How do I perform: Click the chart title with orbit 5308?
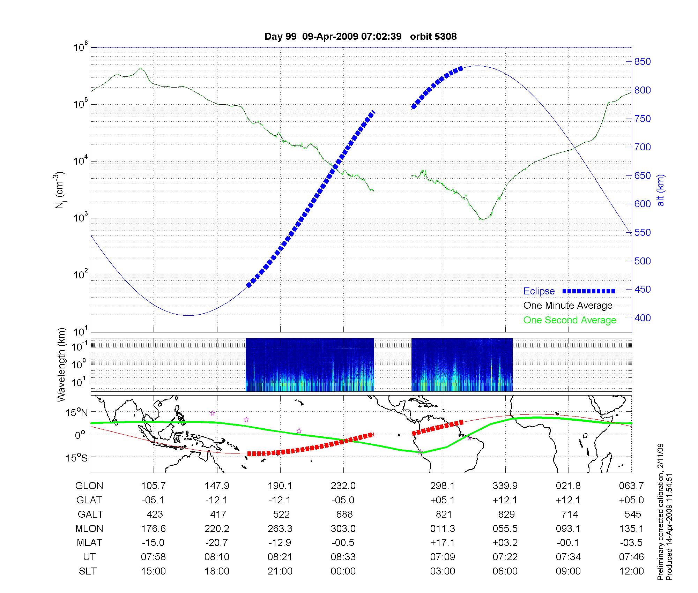[361, 37]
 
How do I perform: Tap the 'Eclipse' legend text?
[539, 291]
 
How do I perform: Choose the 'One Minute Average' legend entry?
[568, 306]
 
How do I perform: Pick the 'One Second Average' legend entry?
[570, 320]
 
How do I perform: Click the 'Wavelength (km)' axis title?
[61, 365]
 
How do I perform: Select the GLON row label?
[89, 486]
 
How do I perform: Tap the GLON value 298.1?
[443, 486]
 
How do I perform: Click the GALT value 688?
[344, 515]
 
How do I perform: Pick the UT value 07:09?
[443, 557]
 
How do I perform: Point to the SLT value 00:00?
[343, 571]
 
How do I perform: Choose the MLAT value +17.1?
[443, 543]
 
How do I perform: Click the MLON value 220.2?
[217, 529]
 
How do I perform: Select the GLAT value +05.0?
[631, 500]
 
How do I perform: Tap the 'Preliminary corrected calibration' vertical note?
[661, 513]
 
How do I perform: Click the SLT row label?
[88, 571]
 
